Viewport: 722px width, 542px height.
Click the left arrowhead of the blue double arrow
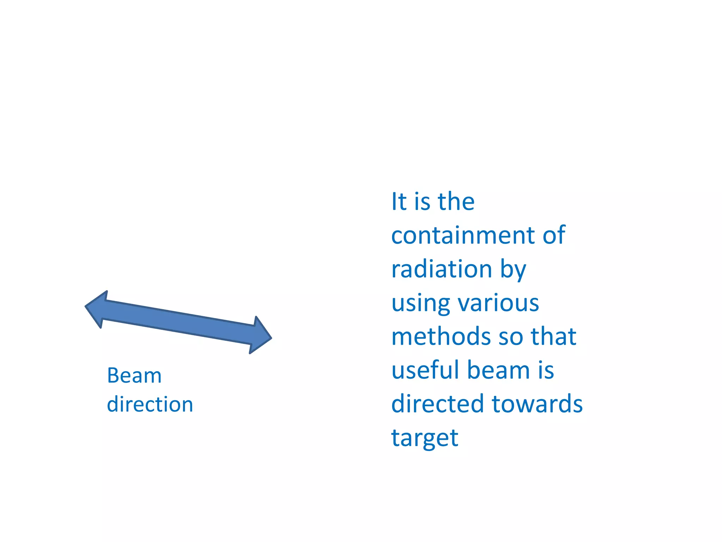tap(96, 309)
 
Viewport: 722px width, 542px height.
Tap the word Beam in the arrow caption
tap(134, 375)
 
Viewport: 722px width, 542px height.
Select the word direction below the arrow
tap(150, 404)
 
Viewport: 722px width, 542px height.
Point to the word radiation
tap(442, 269)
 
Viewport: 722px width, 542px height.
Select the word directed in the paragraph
tap(438, 404)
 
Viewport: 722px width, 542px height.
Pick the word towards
tap(537, 404)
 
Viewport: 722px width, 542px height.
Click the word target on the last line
tap(425, 438)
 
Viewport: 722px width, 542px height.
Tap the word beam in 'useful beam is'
tap(498, 370)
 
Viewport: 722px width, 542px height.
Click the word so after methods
tap(511, 337)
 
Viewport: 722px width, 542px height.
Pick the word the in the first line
tap(456, 202)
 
